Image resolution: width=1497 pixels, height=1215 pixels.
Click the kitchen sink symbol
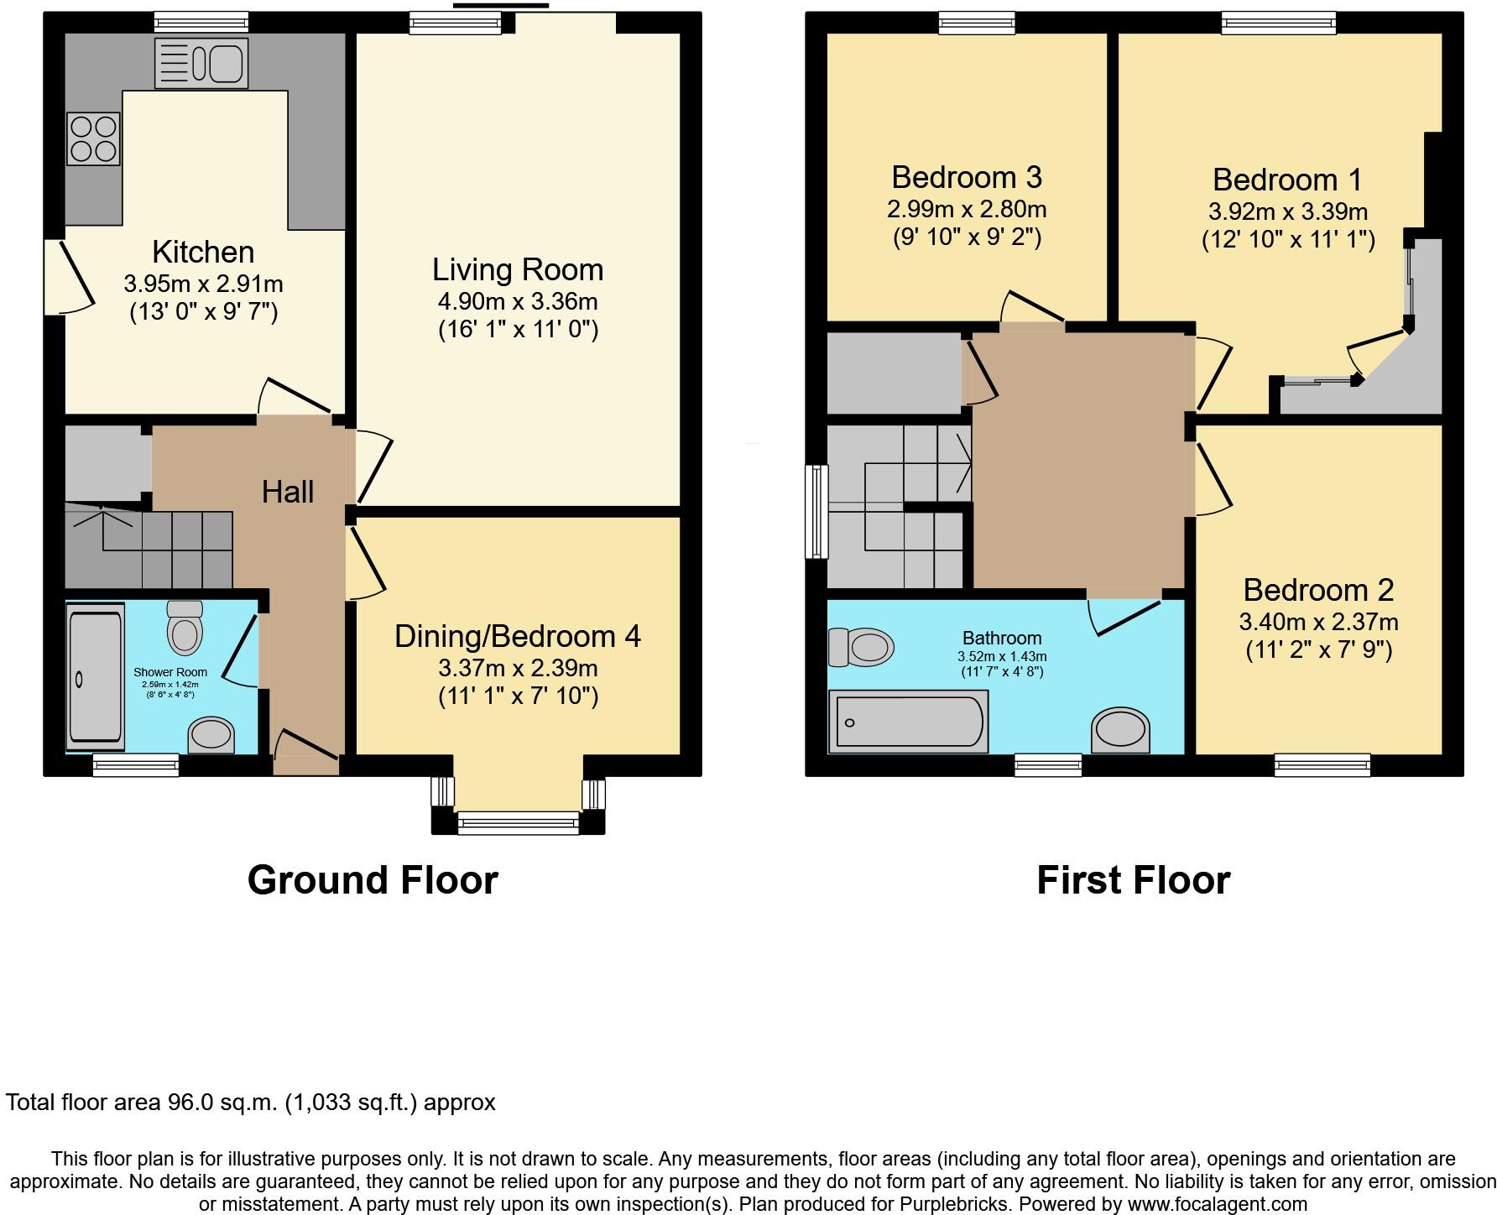[201, 63]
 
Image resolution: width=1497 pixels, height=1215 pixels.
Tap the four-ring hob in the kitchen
[93, 138]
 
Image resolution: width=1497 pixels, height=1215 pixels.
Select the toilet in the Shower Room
[185, 629]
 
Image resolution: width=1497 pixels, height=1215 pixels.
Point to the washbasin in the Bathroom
[1121, 729]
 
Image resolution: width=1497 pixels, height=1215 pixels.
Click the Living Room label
[518, 270]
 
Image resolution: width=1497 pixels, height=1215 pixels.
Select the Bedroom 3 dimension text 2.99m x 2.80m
[967, 209]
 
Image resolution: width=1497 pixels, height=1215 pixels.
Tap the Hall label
[288, 492]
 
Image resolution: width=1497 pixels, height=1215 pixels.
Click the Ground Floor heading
[373, 880]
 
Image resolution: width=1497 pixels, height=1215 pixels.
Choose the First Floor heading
[1133, 880]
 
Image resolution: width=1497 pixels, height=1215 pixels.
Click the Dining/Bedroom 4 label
[518, 636]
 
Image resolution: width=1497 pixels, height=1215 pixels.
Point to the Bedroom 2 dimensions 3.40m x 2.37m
[1318, 622]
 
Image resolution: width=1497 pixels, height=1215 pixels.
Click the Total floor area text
[250, 1102]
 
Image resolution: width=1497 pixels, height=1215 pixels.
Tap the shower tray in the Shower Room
[95, 676]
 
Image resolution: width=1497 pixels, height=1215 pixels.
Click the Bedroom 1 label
[1286, 180]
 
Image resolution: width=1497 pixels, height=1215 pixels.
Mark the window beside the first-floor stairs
[816, 512]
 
